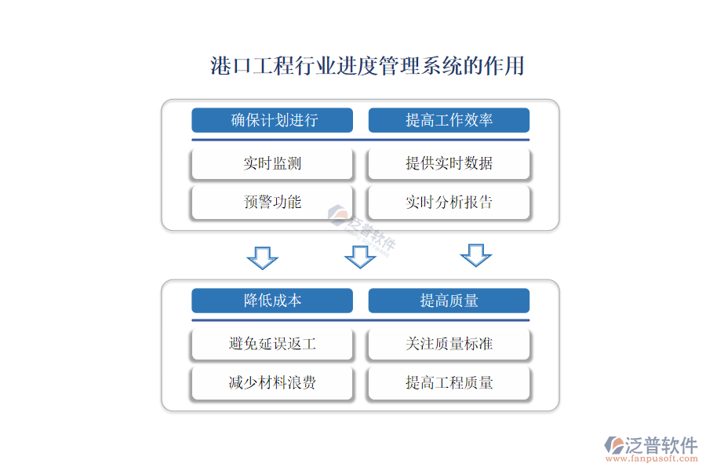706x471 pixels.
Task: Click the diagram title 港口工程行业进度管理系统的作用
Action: tap(367, 66)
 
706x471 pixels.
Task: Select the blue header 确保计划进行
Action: tap(272, 120)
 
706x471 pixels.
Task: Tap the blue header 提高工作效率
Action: tap(449, 120)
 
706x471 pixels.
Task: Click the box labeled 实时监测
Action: tap(272, 163)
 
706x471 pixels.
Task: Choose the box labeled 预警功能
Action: tap(272, 202)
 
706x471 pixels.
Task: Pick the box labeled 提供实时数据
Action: tap(449, 163)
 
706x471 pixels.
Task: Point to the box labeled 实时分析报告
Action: tap(449, 202)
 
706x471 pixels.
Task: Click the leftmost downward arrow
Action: tap(263, 257)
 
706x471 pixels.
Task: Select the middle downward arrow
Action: tap(360, 257)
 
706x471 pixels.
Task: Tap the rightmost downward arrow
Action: tap(476, 255)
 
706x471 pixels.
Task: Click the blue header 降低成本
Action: tap(272, 300)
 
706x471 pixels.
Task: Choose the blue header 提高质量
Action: tap(449, 300)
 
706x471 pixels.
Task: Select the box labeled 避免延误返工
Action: tap(272, 344)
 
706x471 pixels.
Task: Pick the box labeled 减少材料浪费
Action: tap(272, 382)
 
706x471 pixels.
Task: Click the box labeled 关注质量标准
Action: tap(449, 344)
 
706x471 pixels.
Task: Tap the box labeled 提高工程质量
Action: tap(449, 382)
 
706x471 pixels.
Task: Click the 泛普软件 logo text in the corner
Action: tap(661, 445)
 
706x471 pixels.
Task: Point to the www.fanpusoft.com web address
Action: tap(652, 458)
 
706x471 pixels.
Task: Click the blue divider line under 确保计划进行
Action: tap(360, 140)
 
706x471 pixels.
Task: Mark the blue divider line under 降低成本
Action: tap(360, 320)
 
